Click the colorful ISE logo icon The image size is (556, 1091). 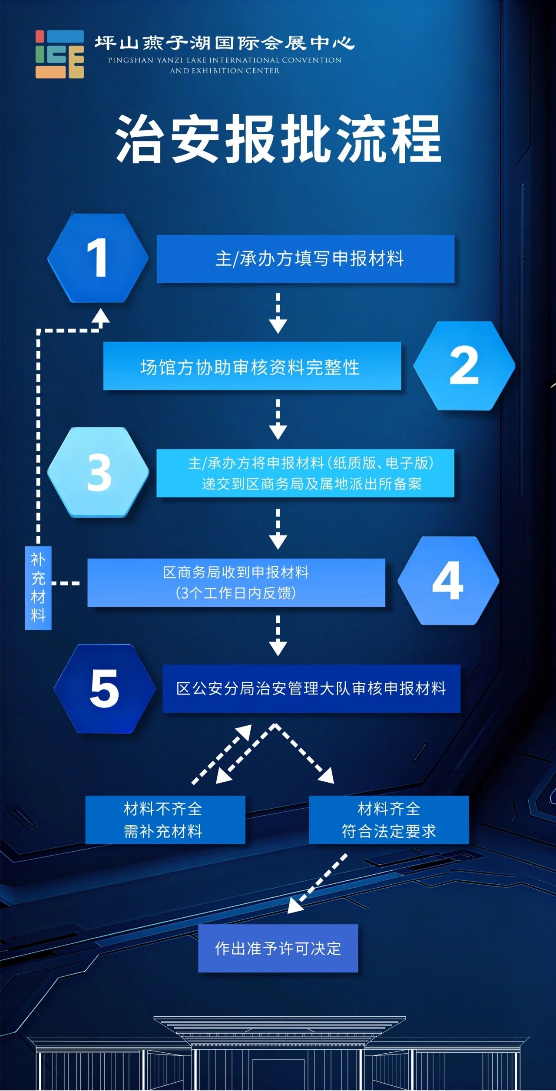click(x=60, y=54)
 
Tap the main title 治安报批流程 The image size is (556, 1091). click(x=278, y=139)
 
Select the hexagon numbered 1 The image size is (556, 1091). click(x=98, y=258)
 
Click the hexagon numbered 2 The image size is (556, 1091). click(x=464, y=366)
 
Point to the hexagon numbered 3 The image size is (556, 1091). click(x=98, y=472)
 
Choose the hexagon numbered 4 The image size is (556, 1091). click(x=448, y=581)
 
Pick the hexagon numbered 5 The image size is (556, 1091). click(x=105, y=688)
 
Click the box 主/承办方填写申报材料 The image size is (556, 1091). click(x=305, y=259)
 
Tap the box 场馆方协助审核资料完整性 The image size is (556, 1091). click(x=252, y=366)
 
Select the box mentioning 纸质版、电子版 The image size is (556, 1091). click(x=305, y=473)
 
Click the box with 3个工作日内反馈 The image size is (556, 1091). click(x=236, y=582)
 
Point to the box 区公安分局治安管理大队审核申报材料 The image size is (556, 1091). click(x=311, y=688)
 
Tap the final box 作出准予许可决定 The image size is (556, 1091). click(x=278, y=948)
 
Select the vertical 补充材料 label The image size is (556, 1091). click(x=38, y=588)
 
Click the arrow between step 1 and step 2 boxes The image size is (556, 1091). click(x=278, y=313)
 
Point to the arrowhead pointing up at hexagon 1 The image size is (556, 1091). click(x=102, y=315)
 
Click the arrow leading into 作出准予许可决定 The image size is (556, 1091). click(x=318, y=883)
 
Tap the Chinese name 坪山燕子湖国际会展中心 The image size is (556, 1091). click(x=225, y=43)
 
